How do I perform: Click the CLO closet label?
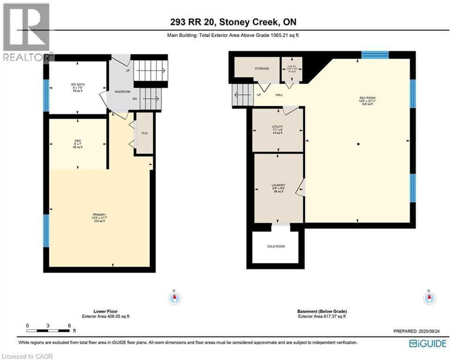click(x=145, y=133)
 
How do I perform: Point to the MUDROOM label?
click(x=123, y=92)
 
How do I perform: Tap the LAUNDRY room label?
click(x=279, y=185)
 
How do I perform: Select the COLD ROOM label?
click(x=276, y=247)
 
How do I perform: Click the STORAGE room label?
click(x=262, y=69)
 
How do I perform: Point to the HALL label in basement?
click(x=279, y=95)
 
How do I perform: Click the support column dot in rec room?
click(x=358, y=144)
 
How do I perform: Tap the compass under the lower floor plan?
click(x=175, y=298)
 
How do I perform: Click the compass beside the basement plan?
click(x=429, y=298)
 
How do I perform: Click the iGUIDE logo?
click(x=427, y=344)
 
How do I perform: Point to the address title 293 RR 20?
click(x=233, y=22)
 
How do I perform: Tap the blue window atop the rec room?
click(x=375, y=55)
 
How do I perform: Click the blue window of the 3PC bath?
click(x=46, y=96)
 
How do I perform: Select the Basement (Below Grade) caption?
click(x=322, y=311)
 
